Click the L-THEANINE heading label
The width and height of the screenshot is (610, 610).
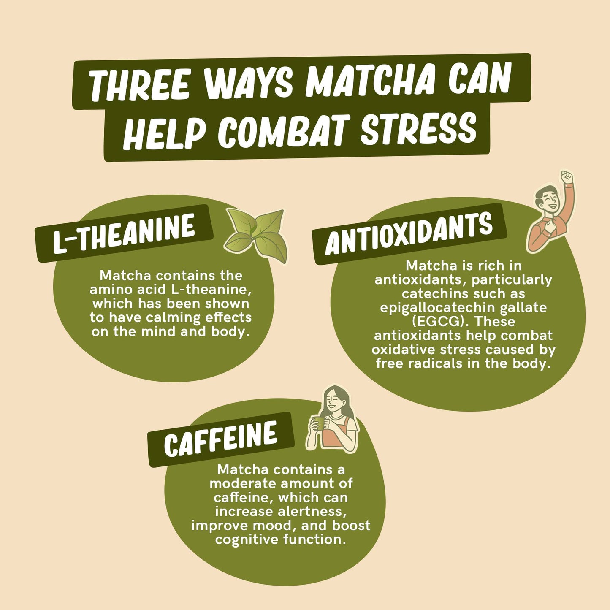tap(124, 233)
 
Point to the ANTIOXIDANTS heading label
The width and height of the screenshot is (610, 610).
tap(409, 234)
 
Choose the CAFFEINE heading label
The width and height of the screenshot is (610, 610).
tap(221, 439)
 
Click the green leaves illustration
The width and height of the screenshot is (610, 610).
tap(256, 236)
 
